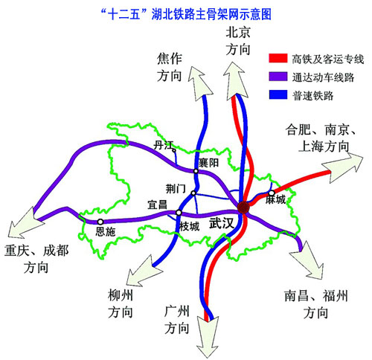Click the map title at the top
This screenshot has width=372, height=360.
186,14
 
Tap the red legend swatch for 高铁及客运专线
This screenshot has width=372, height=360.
278,58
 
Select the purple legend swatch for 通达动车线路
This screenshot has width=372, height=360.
278,77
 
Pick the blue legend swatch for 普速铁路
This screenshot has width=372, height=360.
278,94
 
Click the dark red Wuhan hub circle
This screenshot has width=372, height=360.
243,208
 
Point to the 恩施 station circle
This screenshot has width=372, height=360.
100,222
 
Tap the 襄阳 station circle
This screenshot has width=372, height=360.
196,171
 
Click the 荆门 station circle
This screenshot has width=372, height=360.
193,193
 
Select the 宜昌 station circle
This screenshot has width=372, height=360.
179,213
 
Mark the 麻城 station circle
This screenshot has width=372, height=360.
272,193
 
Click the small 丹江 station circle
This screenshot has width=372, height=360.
174,150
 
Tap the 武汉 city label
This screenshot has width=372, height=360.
222,223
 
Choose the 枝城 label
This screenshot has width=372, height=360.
189,226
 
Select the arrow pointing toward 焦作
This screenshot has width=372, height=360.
199,84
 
